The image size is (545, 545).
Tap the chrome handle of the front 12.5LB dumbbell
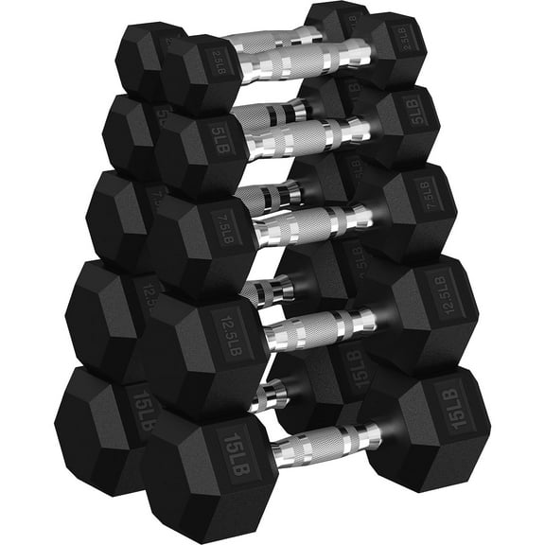(x=317, y=326)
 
